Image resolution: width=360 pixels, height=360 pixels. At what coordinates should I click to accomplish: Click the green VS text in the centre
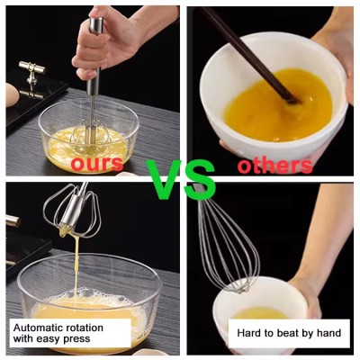click(x=181, y=179)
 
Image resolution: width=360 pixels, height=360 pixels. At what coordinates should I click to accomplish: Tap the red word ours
click(x=97, y=164)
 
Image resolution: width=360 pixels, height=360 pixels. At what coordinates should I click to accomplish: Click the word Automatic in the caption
click(x=37, y=328)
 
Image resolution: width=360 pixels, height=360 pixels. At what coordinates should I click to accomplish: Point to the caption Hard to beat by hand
click(x=289, y=333)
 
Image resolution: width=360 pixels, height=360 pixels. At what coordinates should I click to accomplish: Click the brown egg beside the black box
click(x=12, y=95)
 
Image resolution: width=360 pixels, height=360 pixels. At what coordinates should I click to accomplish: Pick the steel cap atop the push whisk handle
click(x=96, y=25)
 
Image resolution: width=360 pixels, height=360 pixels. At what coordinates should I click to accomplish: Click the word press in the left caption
click(x=76, y=339)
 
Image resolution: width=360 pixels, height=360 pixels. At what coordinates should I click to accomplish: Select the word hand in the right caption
click(x=329, y=333)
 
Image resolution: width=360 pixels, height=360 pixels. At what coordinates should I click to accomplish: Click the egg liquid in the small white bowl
click(x=260, y=313)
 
